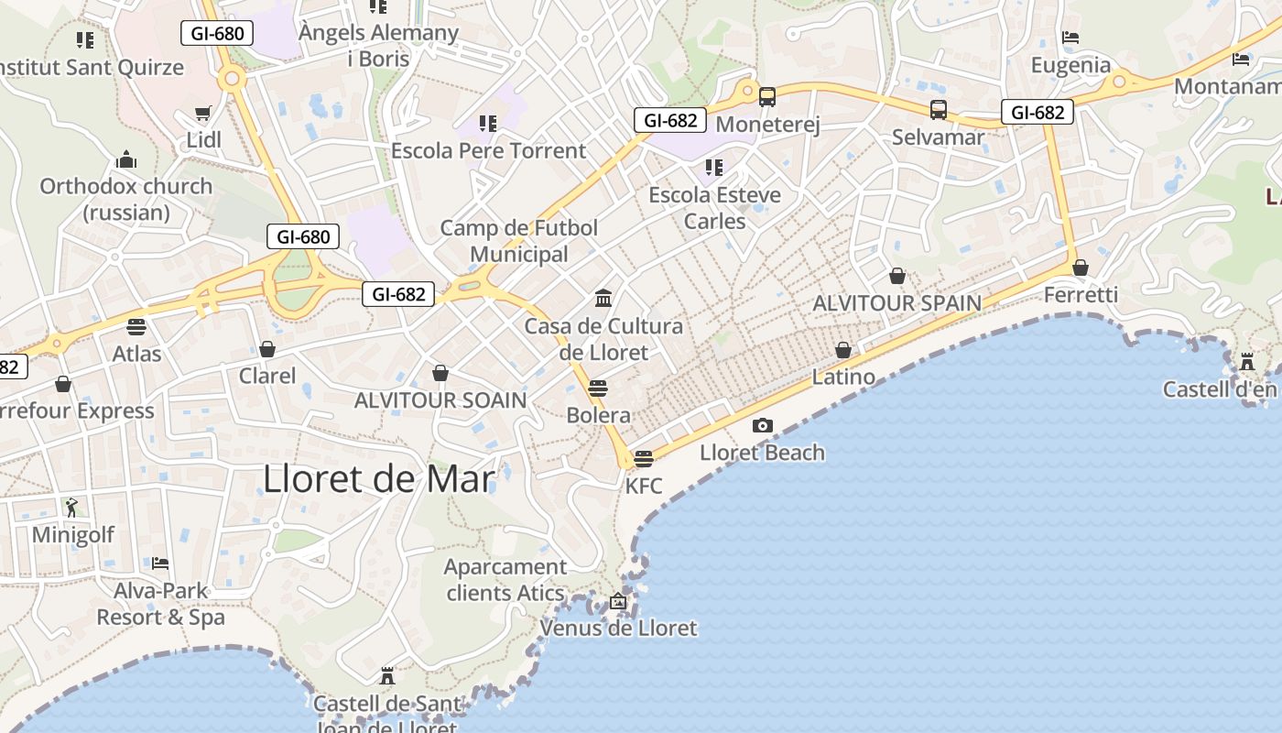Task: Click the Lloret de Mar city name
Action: (378, 479)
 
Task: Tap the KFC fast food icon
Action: (644, 458)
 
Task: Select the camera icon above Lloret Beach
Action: (762, 425)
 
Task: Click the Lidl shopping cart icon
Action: (203, 114)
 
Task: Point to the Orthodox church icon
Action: (125, 160)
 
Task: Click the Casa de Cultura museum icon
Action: (603, 298)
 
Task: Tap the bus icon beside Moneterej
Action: (767, 96)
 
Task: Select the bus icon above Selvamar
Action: (939, 110)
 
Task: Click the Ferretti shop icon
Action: (1081, 268)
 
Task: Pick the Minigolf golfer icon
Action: (72, 507)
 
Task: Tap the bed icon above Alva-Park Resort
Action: (160, 563)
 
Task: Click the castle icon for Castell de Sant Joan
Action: (387, 676)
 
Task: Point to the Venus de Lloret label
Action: (618, 629)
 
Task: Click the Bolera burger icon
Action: (598, 388)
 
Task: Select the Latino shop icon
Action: (843, 350)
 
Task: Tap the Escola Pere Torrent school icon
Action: (488, 123)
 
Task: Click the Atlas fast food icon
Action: (136, 326)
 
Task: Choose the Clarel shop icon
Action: (267, 349)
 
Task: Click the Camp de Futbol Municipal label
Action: (519, 241)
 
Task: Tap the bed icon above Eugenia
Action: (1070, 38)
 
